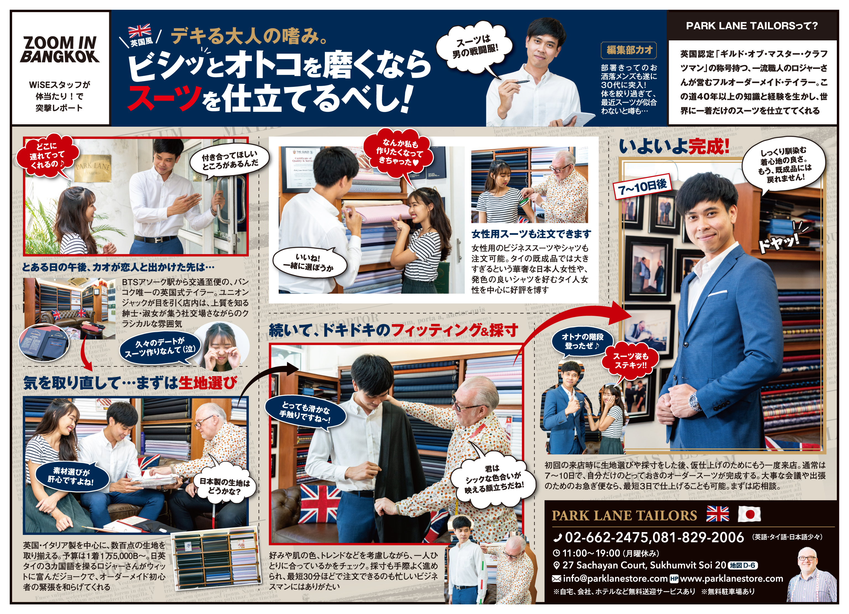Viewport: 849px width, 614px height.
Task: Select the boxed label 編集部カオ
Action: point(629,50)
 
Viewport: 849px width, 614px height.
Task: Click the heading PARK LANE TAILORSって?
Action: point(752,26)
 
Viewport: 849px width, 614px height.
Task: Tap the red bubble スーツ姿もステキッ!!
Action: point(630,361)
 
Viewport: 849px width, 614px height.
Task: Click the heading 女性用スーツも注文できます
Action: point(531,234)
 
